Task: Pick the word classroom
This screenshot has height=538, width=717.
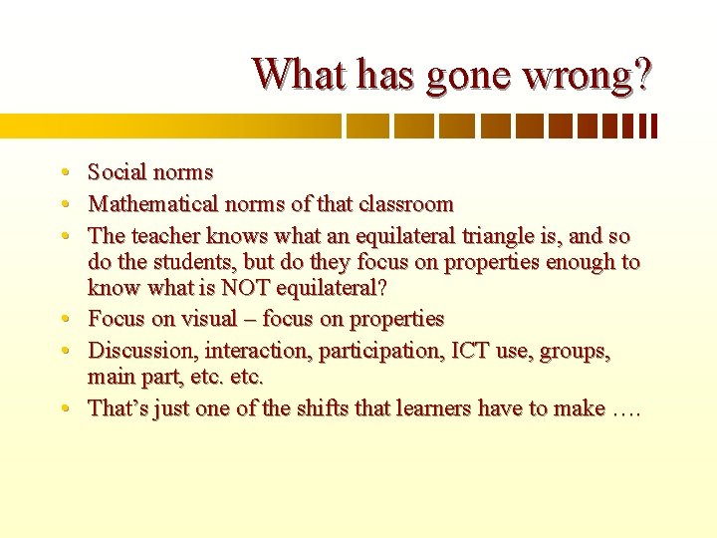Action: point(405,204)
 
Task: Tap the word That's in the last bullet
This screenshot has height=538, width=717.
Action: point(117,407)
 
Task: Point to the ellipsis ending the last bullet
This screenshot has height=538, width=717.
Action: point(628,409)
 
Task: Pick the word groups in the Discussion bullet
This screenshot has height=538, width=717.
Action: point(575,352)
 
